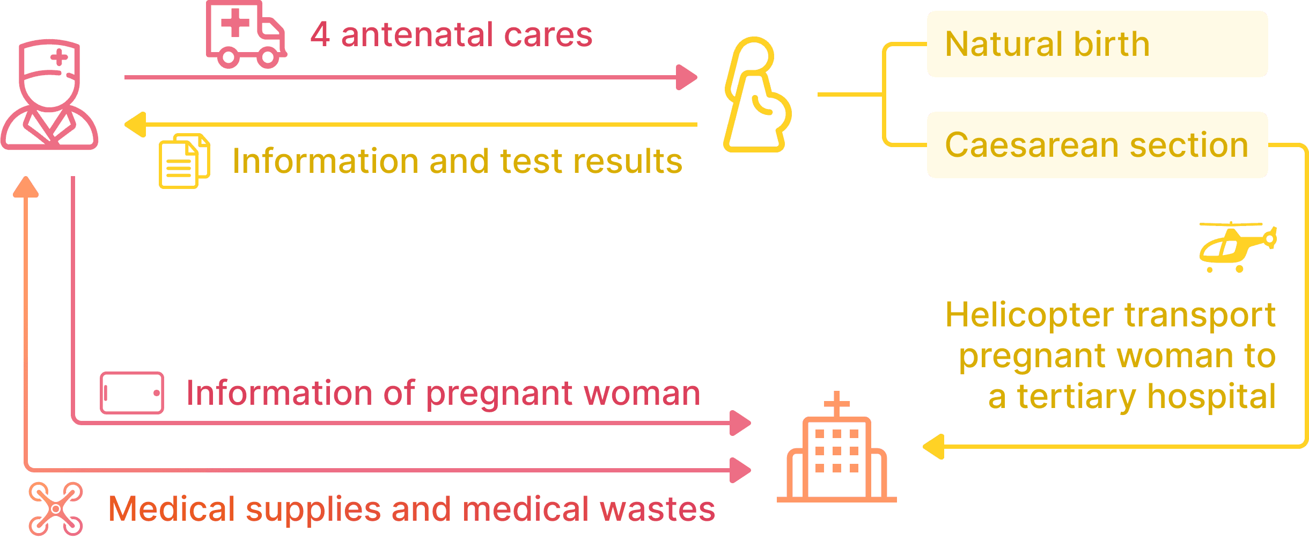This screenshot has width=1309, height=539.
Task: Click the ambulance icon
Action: click(246, 35)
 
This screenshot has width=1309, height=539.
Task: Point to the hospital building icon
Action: click(836, 456)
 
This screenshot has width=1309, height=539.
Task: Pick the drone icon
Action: click(56, 508)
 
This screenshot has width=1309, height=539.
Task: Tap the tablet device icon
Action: click(132, 393)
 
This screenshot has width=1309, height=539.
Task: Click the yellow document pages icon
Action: click(184, 161)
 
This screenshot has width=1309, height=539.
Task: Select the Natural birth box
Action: click(1097, 44)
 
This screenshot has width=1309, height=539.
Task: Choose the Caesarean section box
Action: click(1097, 145)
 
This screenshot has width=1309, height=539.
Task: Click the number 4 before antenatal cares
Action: click(320, 35)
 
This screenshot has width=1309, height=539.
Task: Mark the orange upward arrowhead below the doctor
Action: click(26, 187)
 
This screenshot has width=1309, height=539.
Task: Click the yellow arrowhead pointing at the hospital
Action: click(933, 447)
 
